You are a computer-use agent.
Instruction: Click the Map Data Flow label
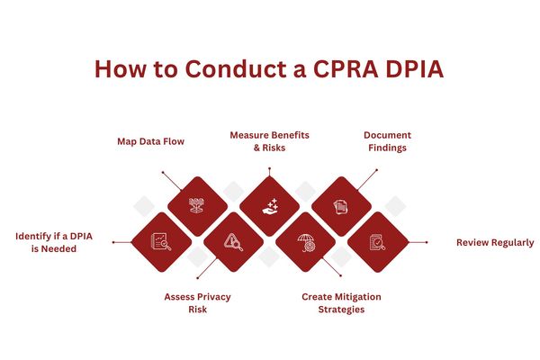(151, 141)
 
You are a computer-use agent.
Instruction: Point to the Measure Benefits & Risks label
(269, 141)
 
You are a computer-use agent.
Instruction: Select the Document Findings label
(388, 141)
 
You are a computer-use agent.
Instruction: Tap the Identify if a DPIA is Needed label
(53, 242)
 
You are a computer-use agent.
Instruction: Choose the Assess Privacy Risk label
(198, 302)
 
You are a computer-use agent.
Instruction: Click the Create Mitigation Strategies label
(340, 302)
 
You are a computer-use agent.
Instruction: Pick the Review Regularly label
(494, 242)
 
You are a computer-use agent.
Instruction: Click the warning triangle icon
(233, 241)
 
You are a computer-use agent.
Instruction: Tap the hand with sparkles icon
(269, 206)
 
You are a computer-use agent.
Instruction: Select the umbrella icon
(306, 242)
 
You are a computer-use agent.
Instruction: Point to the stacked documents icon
(341, 207)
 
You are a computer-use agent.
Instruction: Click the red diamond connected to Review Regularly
(378, 242)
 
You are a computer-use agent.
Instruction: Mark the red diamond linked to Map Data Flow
(197, 206)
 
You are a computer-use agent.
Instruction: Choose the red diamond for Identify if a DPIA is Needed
(161, 241)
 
